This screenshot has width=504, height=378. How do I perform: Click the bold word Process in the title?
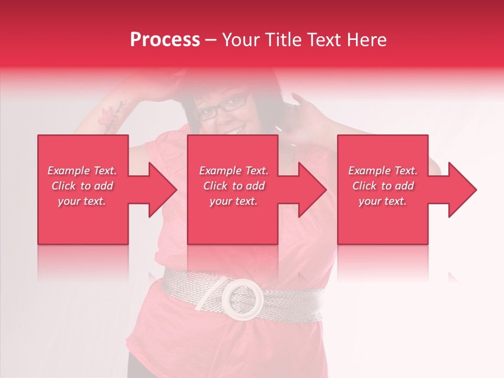pos(165,40)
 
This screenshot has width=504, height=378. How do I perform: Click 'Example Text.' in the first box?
pos(82,171)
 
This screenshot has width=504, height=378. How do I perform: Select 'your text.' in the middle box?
pos(233,201)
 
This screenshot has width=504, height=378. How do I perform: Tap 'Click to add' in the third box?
pos(383,186)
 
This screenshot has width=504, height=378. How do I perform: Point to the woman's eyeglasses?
pos(223,106)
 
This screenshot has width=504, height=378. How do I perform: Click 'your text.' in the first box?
pos(82,201)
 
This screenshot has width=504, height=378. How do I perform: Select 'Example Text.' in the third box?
pos(383,171)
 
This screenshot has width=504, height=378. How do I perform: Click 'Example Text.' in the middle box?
pos(233,171)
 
